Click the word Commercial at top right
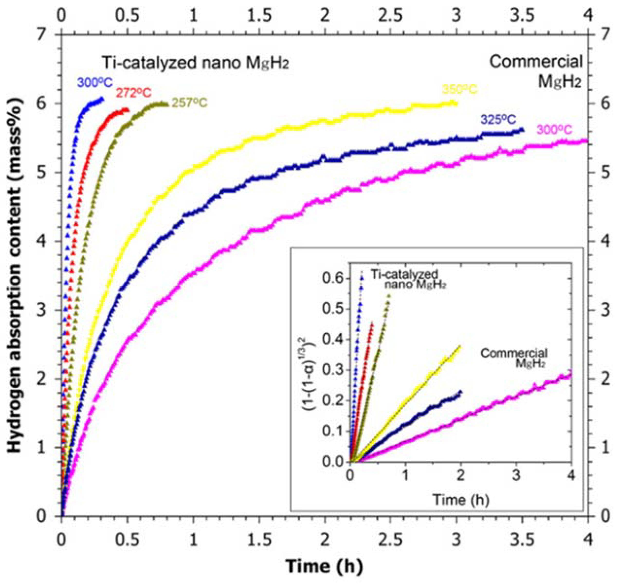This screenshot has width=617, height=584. point(535,62)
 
